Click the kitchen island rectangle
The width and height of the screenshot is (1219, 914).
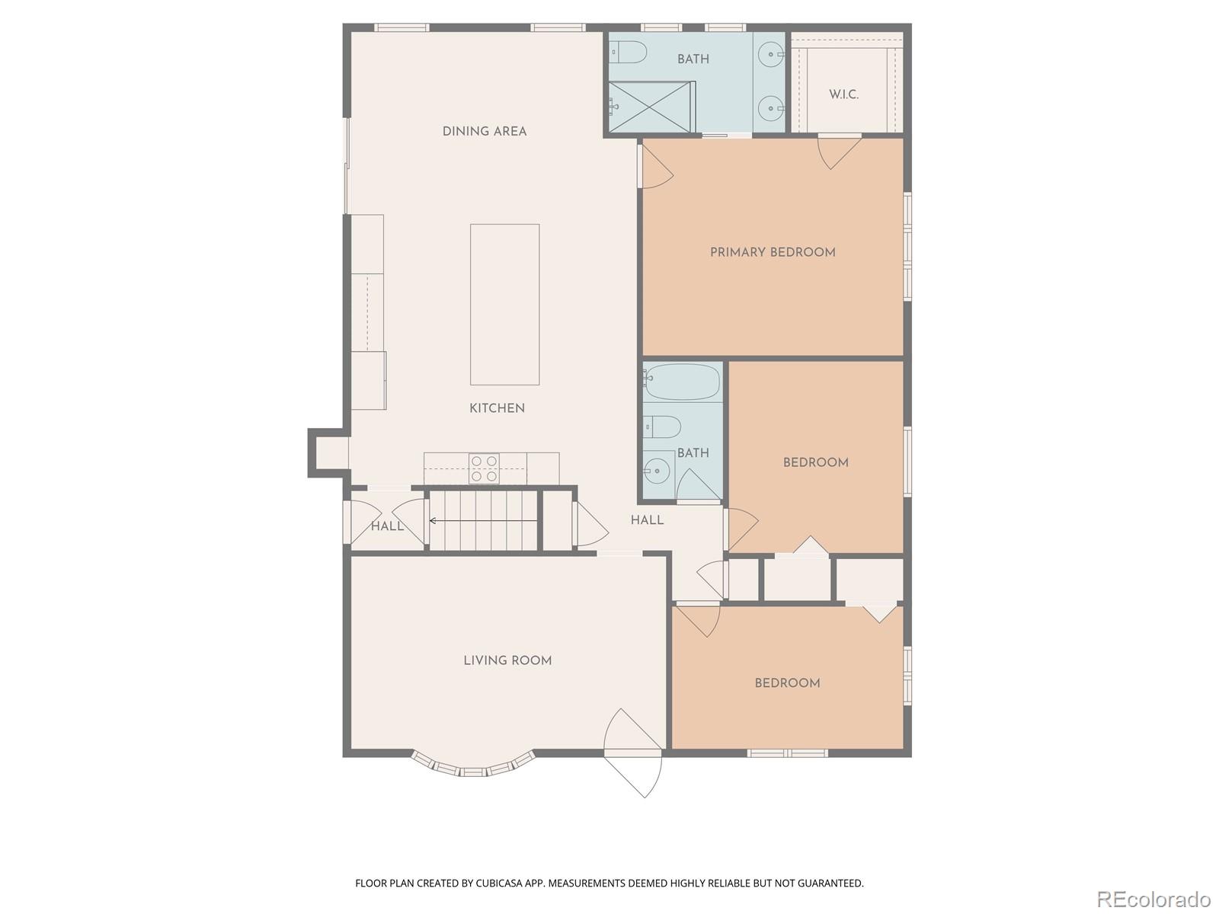[504, 304]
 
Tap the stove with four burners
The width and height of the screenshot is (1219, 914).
[484, 468]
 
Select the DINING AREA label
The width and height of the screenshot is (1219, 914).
[485, 132]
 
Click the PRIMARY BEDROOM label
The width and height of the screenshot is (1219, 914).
[773, 253]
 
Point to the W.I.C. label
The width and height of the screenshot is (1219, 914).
[843, 95]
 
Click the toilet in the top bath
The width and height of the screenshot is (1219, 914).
[630, 53]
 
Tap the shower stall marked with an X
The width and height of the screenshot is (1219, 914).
[651, 107]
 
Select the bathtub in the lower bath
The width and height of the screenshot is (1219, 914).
[681, 382]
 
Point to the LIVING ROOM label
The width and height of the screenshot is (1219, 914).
[507, 661]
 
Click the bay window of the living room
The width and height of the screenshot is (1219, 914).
[472, 766]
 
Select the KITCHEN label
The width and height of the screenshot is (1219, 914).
[497, 409]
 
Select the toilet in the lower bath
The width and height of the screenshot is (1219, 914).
[661, 427]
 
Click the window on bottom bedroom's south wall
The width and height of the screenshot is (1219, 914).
[787, 753]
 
